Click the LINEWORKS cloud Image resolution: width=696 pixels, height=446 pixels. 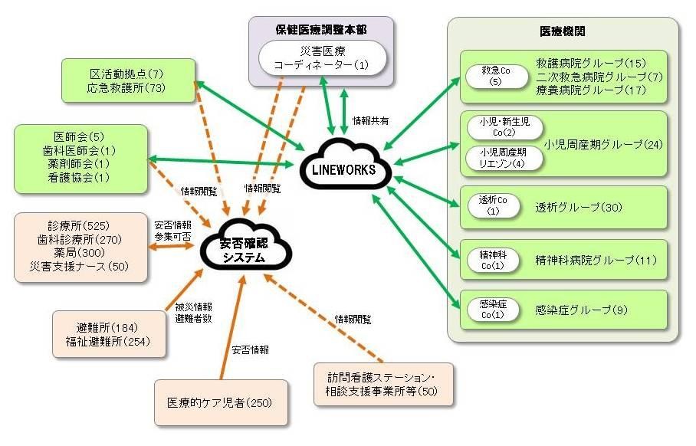[x=343, y=166]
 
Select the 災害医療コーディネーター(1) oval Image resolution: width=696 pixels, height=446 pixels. [x=321, y=58]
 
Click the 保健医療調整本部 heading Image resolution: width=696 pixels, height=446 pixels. [x=321, y=29]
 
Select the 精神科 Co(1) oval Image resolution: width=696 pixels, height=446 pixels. [x=491, y=259]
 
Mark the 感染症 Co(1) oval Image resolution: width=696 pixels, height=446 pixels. [x=491, y=309]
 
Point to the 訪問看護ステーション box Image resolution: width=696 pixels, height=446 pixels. [x=384, y=385]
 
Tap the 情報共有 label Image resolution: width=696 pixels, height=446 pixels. [x=370, y=120]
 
